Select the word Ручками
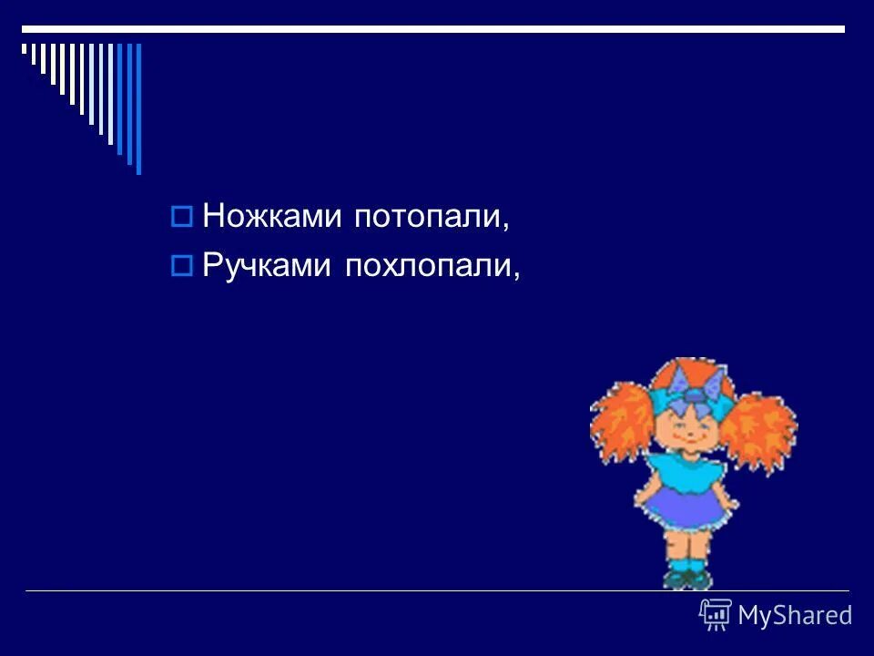tap(269, 266)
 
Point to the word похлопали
tap(430, 266)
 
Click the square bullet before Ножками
tap(181, 218)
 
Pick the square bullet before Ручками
tap(181, 266)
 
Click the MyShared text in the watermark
tap(795, 616)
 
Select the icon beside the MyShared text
tap(715, 615)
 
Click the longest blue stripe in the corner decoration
tap(138, 108)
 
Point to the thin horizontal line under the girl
tap(364, 591)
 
